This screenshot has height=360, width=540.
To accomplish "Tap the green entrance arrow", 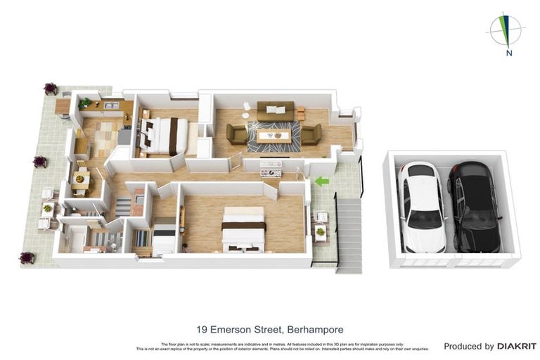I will pos(321,181).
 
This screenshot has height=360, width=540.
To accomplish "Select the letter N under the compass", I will pos(508,52).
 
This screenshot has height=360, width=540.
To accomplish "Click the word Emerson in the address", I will pos(236,329).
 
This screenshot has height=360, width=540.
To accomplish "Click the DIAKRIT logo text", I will pos(516,346).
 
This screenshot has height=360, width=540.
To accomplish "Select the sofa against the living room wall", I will pos(275,110).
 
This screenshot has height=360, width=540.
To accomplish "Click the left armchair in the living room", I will pos(236,134).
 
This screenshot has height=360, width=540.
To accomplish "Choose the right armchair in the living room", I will pos(310,133).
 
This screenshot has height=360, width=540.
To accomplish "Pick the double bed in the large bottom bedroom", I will pos(243,228).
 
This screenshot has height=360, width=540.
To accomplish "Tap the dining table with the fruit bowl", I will pos(80,180).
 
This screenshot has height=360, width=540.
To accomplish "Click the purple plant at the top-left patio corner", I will pos(51,89).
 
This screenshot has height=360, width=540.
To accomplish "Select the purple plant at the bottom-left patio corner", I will pos(27,258).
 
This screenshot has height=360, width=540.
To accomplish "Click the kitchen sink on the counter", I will pos(111,106).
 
